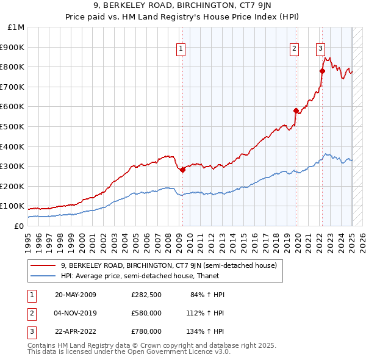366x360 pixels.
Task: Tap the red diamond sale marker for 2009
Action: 182,170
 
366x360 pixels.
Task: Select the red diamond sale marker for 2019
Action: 296,111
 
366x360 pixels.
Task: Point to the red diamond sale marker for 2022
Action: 322,71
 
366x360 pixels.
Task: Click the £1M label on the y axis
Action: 16,27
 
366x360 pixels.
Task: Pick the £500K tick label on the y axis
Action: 13,127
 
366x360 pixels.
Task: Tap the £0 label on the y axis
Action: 18,226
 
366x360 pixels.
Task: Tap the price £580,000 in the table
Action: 146,314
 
